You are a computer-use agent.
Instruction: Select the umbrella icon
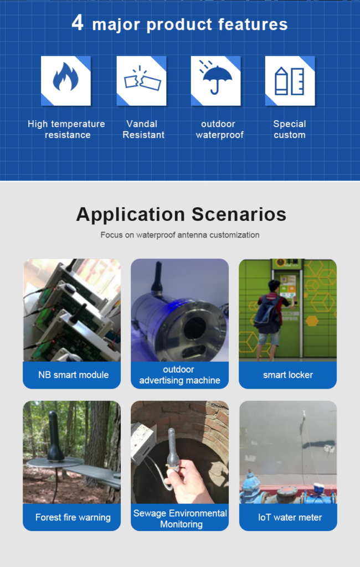tap(215, 77)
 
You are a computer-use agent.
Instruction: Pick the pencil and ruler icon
tap(290, 81)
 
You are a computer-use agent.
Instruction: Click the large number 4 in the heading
tap(78, 23)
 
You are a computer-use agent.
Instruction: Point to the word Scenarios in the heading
tap(239, 214)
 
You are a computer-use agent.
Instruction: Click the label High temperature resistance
tap(66, 129)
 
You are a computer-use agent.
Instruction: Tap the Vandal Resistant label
tap(143, 129)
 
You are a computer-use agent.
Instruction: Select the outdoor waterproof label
tap(219, 129)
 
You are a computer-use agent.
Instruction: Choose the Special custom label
tap(290, 129)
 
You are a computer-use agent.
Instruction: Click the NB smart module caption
tap(74, 375)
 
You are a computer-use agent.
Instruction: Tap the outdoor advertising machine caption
tap(179, 375)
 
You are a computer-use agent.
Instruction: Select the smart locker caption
tap(288, 375)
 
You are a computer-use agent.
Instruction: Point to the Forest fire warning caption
tap(73, 517)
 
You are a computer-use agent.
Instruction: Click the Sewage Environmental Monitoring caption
tap(180, 518)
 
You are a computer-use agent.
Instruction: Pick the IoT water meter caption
tap(290, 517)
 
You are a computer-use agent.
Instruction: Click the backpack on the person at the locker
tap(266, 311)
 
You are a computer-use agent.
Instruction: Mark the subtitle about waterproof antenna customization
tap(180, 235)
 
